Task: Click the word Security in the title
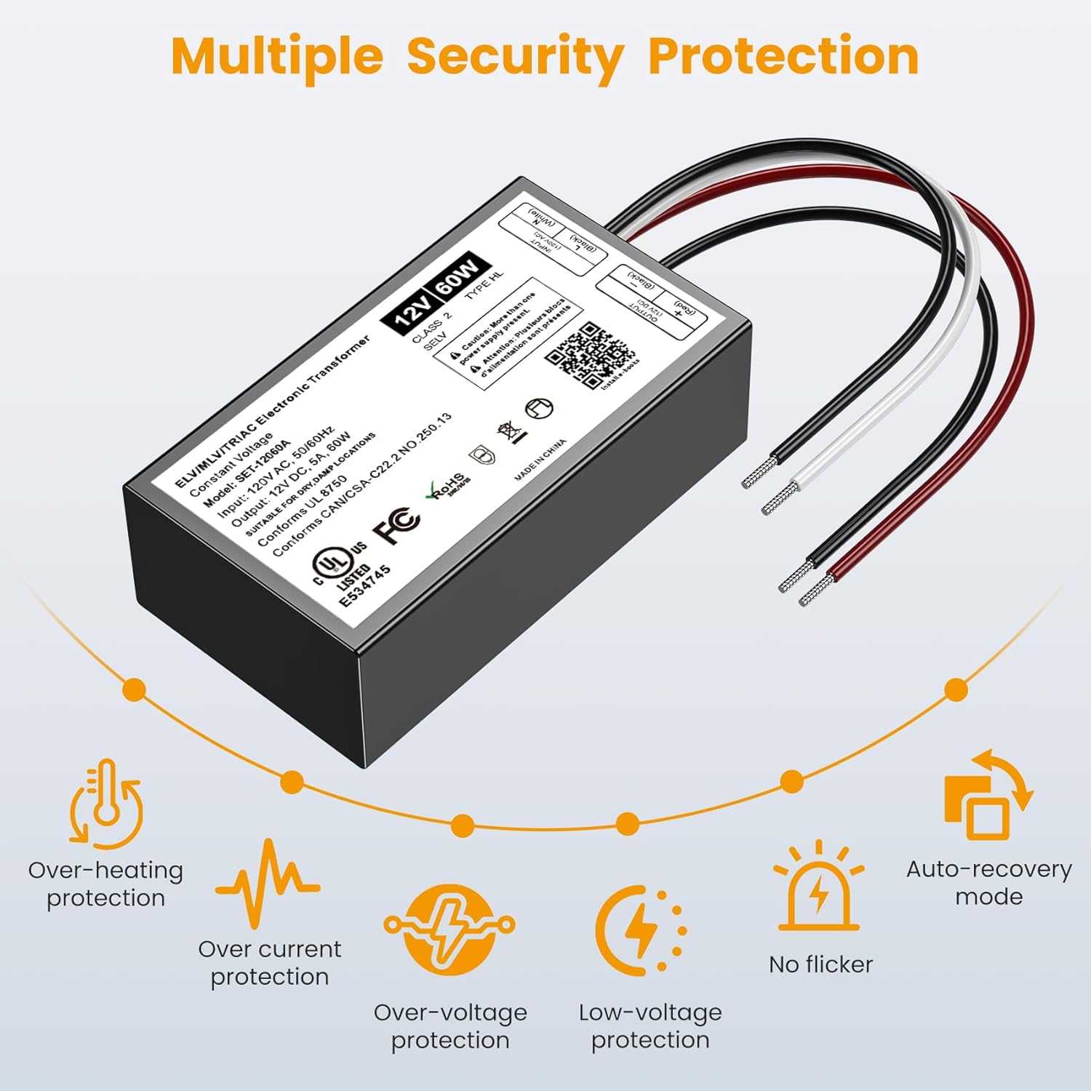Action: point(515,57)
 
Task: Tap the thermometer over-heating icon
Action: point(106,804)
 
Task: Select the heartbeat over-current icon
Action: point(268,882)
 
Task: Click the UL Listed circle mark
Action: point(333,564)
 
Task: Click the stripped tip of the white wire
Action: point(780,498)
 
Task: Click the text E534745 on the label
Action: point(365,586)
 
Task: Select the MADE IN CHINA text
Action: point(540,460)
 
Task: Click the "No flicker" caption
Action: point(820,964)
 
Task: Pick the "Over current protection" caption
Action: point(269,962)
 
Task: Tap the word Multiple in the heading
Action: point(277,57)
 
